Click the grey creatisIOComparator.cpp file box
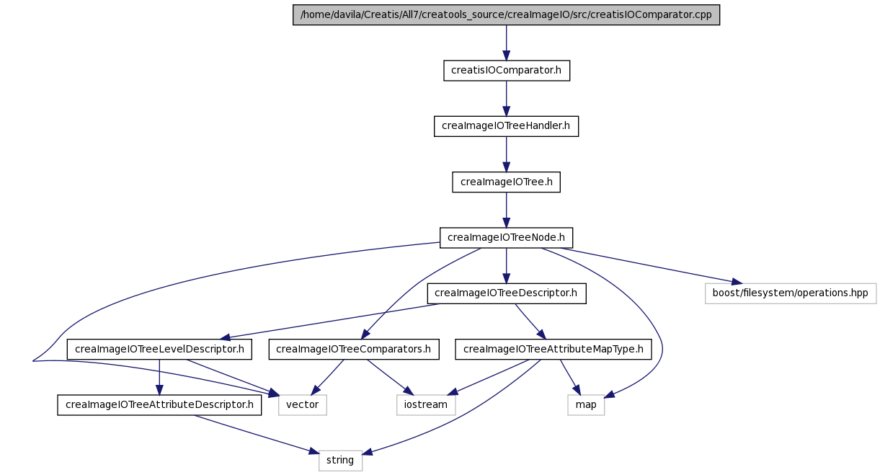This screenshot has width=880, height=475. [506, 15]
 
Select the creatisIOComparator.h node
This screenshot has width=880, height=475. [507, 71]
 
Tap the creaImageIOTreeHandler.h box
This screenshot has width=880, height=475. [506, 127]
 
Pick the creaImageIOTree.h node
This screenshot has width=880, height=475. [506, 182]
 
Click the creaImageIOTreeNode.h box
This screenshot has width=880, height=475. [506, 238]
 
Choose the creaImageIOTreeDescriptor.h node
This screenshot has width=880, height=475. [507, 293]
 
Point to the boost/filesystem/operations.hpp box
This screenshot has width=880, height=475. [791, 293]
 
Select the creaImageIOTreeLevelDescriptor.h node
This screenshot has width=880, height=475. [159, 350]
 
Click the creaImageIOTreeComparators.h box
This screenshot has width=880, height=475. [354, 350]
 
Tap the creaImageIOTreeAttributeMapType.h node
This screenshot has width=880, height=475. [553, 350]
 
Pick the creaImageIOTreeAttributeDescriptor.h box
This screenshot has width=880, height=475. [159, 405]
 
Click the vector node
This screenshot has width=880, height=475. [303, 405]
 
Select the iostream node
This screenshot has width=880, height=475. [426, 405]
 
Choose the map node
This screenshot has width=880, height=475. [586, 405]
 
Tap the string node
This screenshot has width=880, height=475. [340, 461]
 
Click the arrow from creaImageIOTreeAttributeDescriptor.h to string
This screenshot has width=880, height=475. [256, 435]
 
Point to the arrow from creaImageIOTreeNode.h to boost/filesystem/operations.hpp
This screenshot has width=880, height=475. [651, 265]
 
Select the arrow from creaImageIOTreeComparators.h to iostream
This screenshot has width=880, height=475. [390, 377]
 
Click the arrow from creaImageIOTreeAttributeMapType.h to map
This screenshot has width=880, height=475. [570, 377]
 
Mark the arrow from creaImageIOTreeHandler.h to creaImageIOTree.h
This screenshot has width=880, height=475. [506, 154]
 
